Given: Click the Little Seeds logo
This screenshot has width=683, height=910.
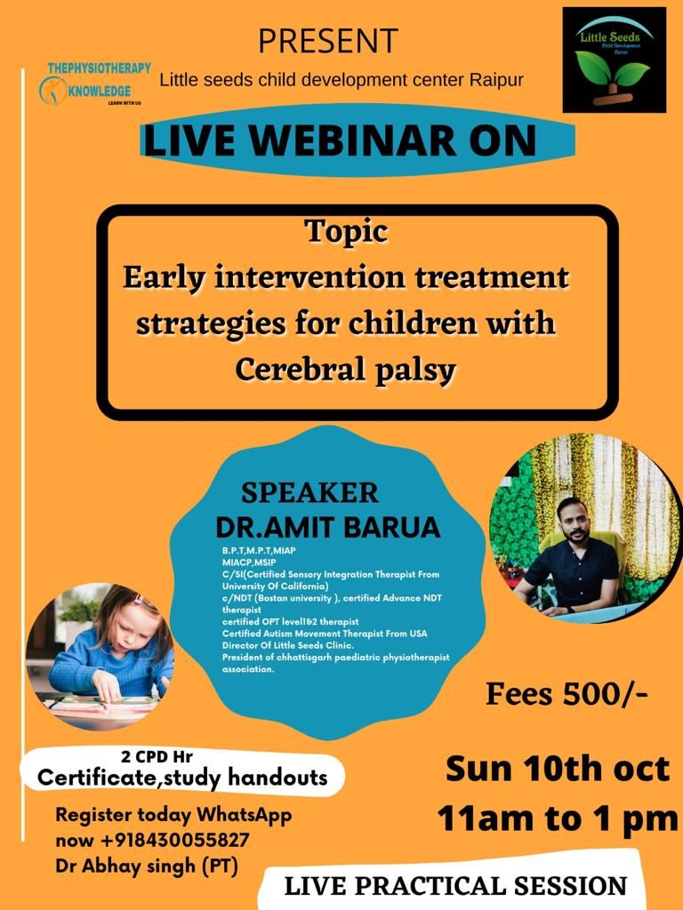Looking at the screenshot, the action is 615,60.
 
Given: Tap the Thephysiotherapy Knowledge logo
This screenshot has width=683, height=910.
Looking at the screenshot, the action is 95,84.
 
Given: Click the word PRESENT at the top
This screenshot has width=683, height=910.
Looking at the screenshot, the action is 328,41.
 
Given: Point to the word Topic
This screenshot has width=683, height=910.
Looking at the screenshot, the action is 347,232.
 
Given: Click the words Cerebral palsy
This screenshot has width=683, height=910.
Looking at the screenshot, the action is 346,370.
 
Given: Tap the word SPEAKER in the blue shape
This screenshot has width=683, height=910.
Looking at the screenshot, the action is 309,493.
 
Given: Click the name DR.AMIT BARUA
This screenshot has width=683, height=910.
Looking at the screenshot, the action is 328,527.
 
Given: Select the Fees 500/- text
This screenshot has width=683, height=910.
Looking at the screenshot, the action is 566,694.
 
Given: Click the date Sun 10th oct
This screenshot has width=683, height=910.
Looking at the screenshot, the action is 558,769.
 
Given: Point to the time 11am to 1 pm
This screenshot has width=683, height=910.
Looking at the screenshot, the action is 558,818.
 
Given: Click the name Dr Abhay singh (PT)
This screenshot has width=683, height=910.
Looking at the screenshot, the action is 147,866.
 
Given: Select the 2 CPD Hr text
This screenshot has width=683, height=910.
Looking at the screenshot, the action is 157,757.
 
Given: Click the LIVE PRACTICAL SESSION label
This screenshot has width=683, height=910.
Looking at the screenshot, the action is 456,886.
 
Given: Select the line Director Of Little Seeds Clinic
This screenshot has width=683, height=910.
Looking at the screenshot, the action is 288,645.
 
